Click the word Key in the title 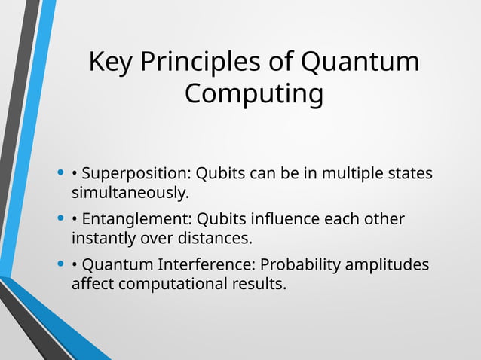110,62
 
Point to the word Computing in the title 254,95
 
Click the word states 412,174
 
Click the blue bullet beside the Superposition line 60,174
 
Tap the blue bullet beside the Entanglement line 60,220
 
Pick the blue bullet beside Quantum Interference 60,265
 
